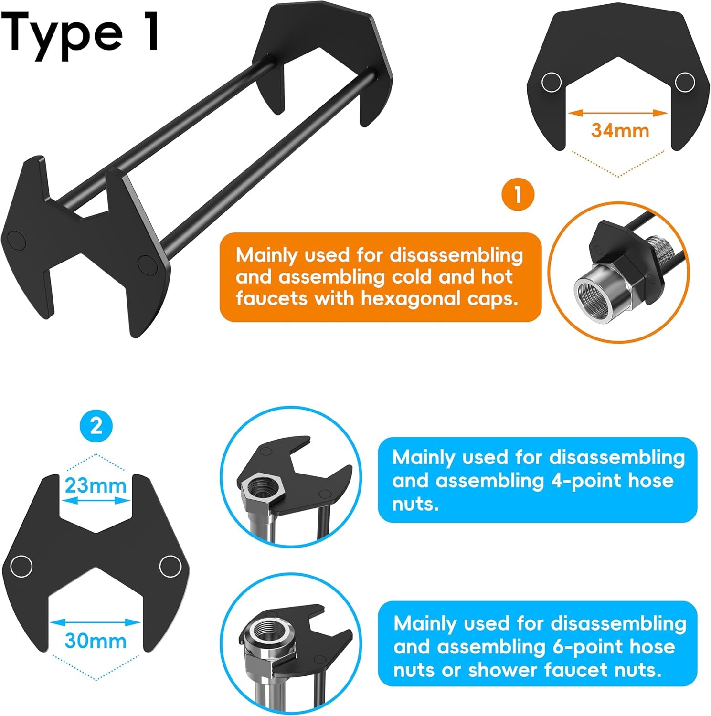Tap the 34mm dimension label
click(x=620, y=130)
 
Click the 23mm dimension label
click(x=96, y=485)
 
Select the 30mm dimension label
click(x=96, y=641)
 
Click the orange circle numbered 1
click(x=518, y=194)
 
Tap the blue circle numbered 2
click(x=96, y=425)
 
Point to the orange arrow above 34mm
click(x=619, y=113)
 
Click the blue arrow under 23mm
click(x=96, y=501)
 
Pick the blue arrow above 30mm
click(x=96, y=622)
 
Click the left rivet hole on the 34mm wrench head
click(x=552, y=83)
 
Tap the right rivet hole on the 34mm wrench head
click(x=685, y=83)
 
